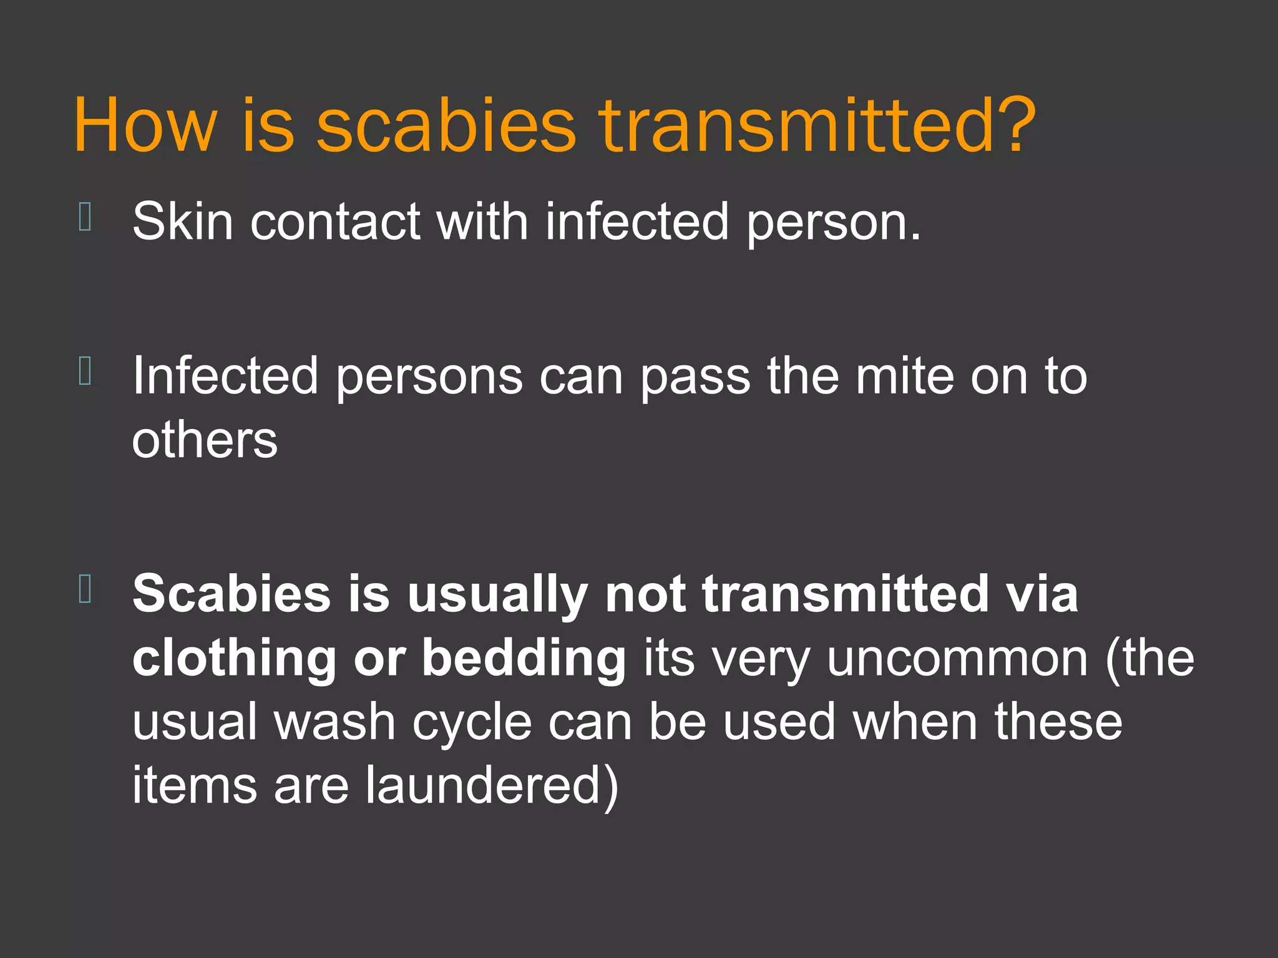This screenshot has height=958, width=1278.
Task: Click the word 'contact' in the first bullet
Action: (335, 222)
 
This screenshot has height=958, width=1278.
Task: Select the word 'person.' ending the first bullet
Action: (833, 223)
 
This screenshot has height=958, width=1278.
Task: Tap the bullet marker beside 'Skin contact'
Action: (85, 217)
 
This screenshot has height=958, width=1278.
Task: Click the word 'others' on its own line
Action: (205, 440)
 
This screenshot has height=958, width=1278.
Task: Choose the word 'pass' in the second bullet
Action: (695, 377)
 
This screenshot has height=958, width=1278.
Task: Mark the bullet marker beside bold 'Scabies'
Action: (85, 589)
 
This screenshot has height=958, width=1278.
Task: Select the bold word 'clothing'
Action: (234, 659)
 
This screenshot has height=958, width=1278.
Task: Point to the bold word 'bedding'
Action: (524, 659)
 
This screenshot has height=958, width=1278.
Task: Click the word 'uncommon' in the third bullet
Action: (957, 659)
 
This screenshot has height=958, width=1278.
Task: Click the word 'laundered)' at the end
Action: (492, 786)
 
